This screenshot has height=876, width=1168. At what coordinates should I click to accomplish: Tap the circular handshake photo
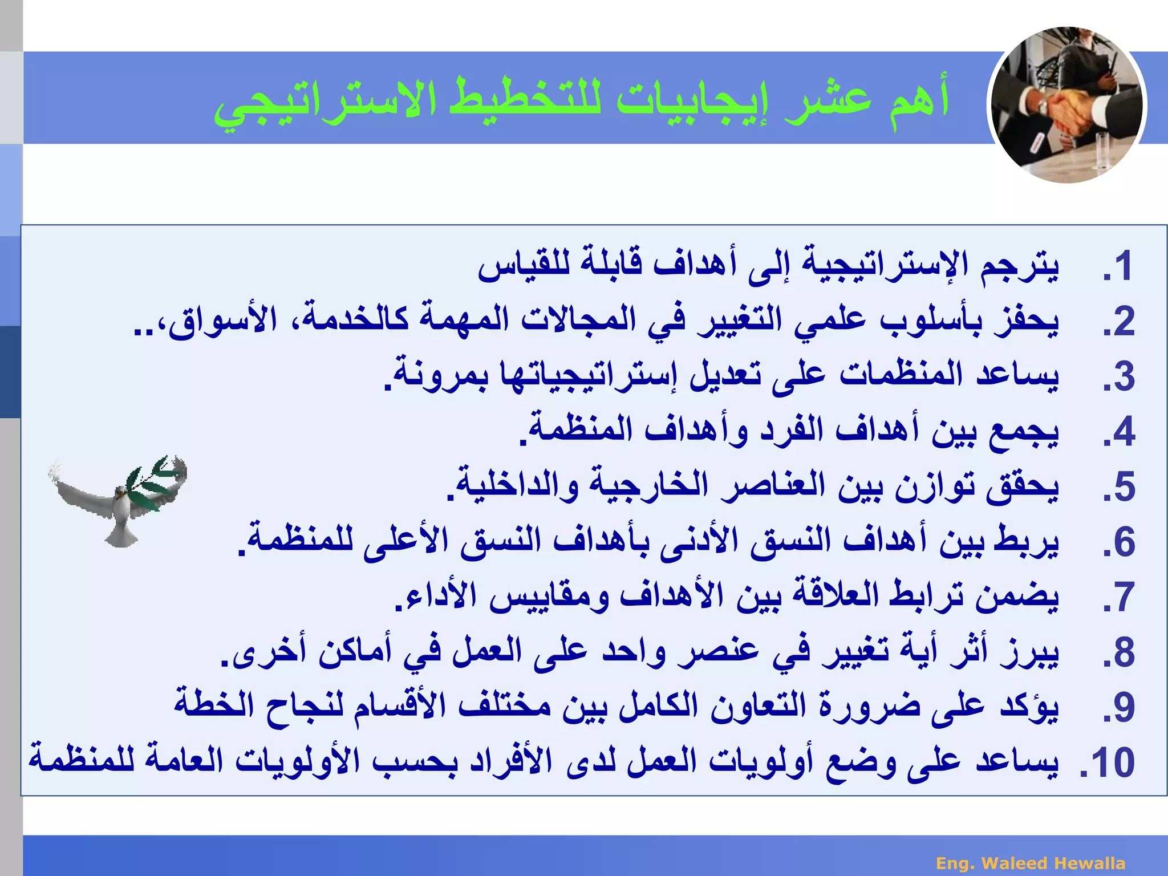coord(1066,106)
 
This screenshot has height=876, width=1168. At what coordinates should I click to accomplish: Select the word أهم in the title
coord(918,100)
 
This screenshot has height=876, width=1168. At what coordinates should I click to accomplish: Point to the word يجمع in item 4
coord(1021,431)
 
